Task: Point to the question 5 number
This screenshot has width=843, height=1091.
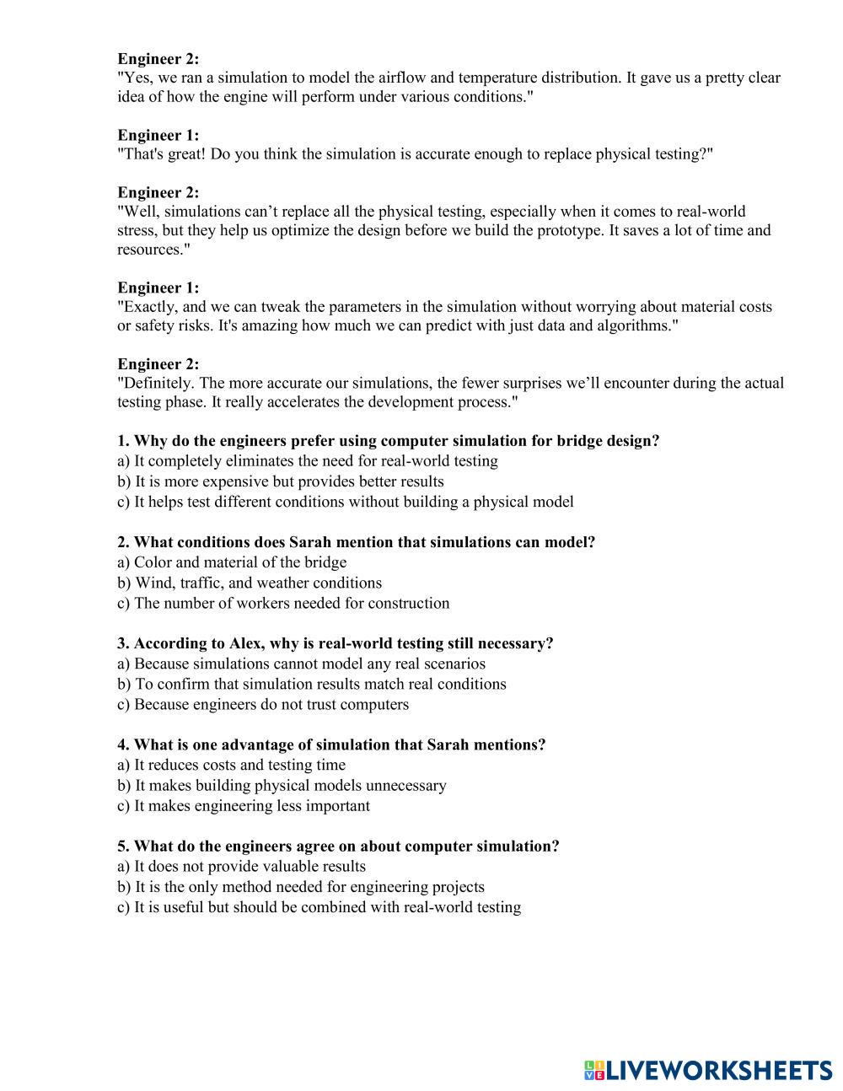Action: click(123, 846)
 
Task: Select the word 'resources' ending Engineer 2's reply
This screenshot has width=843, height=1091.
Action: click(149, 250)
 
